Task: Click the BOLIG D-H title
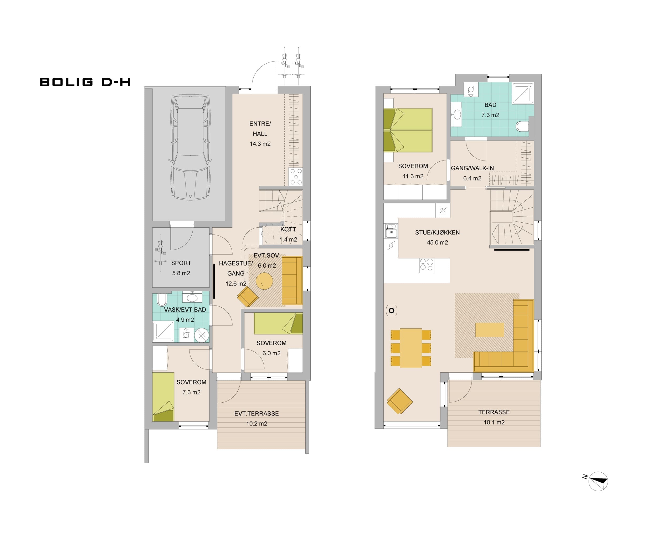pyautogui.click(x=85, y=82)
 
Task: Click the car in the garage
pyautogui.click(x=190, y=147)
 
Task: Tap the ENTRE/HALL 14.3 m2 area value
pyautogui.click(x=260, y=144)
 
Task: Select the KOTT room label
pyautogui.click(x=288, y=229)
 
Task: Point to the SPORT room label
pyautogui.click(x=181, y=263)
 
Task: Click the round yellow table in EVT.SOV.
pyautogui.click(x=264, y=281)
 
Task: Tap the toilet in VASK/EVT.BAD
pyautogui.click(x=162, y=300)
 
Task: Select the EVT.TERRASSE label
pyautogui.click(x=256, y=413)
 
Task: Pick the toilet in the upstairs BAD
pyautogui.click(x=522, y=127)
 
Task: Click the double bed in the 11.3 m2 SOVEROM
pyautogui.click(x=408, y=130)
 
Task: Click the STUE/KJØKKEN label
pyautogui.click(x=437, y=232)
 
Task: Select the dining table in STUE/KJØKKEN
pyautogui.click(x=411, y=348)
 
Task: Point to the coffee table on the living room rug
pyautogui.click(x=490, y=330)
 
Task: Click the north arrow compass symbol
pyautogui.click(x=598, y=481)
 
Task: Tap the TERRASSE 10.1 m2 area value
pyautogui.click(x=494, y=422)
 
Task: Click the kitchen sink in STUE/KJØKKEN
pyautogui.click(x=391, y=231)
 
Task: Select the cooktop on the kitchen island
pyautogui.click(x=427, y=265)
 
